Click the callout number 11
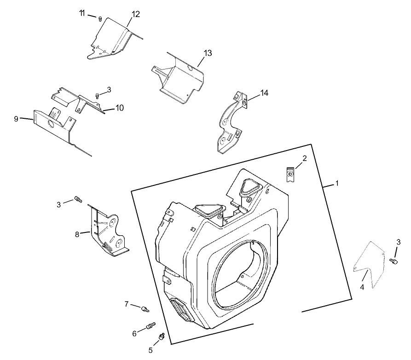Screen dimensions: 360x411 tap(82, 13)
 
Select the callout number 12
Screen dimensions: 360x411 tap(135, 14)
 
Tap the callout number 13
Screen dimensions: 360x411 tap(208, 53)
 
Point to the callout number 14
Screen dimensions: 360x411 tap(264, 93)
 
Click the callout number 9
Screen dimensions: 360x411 tap(16, 119)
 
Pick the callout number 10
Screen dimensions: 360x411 tap(119, 108)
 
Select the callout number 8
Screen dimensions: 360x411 tap(77, 233)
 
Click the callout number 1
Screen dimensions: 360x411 tap(336, 183)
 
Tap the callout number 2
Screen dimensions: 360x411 tap(304, 159)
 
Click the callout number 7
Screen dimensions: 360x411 tap(127, 304)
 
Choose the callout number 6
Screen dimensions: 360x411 tap(134, 333)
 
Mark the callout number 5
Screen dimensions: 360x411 tap(150, 350)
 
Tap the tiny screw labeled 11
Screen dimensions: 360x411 tap(100, 19)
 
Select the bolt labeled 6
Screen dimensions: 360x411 tap(150, 326)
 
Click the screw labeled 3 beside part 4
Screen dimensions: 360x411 tap(394, 261)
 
